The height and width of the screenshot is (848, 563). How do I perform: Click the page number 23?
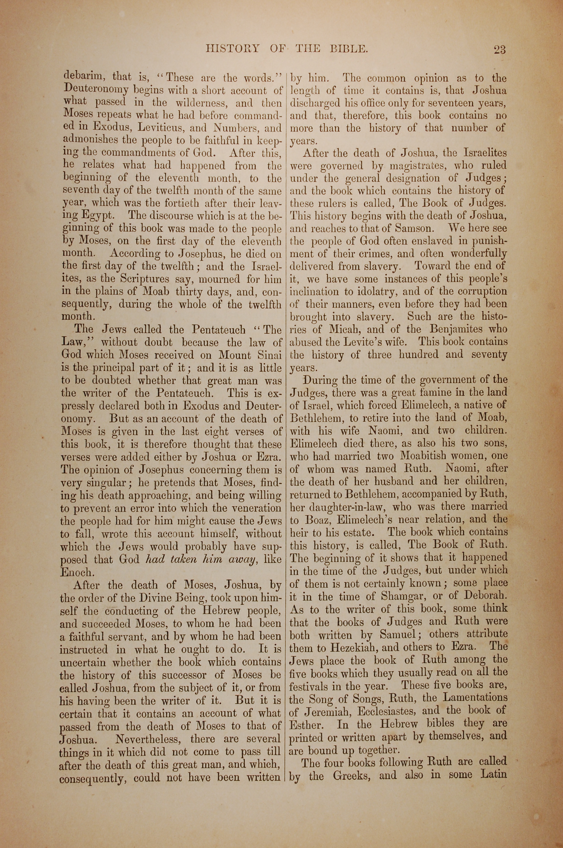(499, 49)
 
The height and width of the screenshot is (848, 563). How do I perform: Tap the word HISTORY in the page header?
(233, 48)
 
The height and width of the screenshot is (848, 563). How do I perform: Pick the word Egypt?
(98, 216)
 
